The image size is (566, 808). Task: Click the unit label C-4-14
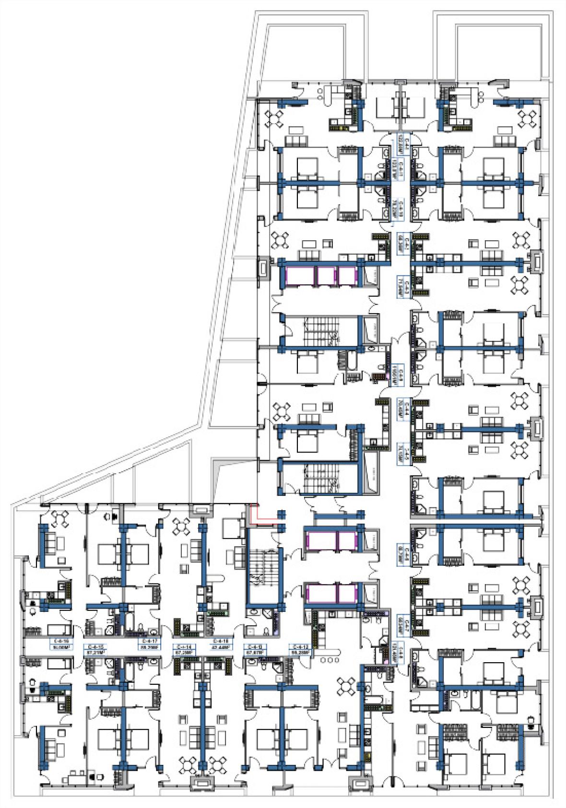[x=184, y=649]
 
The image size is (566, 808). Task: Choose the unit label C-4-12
[x=301, y=649]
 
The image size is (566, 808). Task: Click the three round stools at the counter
[x=329, y=660]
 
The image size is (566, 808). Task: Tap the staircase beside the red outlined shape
[x=263, y=575]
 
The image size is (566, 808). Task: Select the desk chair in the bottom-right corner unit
[x=531, y=721]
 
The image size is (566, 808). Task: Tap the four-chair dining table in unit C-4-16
[x=61, y=518]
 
